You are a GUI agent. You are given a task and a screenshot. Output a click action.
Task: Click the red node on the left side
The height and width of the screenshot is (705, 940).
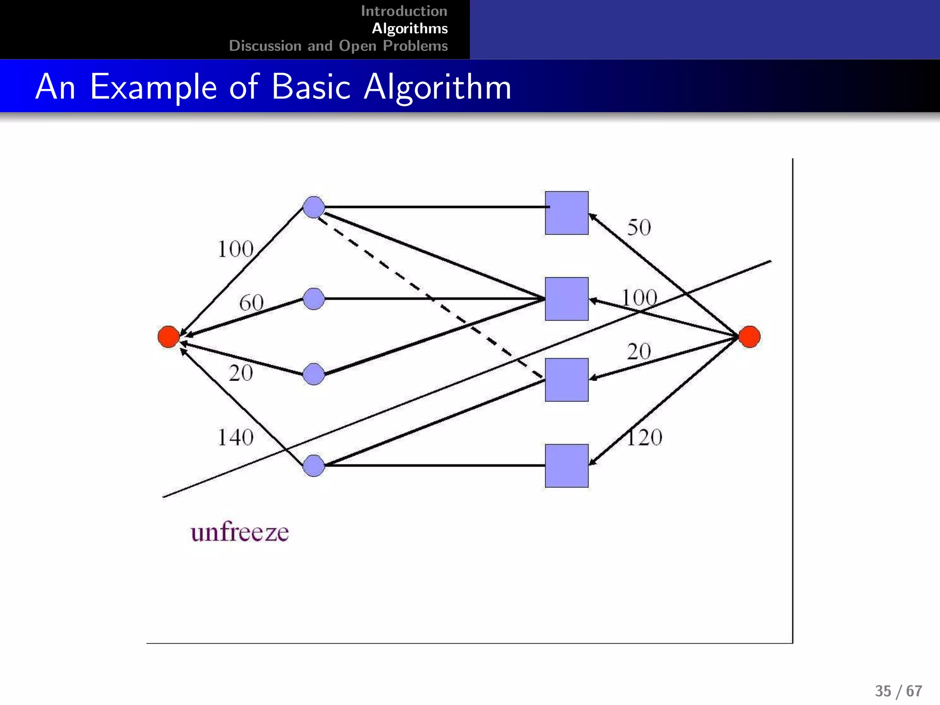[x=168, y=336]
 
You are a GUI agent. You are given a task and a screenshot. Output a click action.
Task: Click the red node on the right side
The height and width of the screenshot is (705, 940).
[x=749, y=336]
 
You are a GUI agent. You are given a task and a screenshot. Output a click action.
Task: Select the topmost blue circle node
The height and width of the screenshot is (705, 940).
[x=314, y=207]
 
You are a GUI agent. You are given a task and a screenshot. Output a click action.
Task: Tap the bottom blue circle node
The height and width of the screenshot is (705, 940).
[x=314, y=465]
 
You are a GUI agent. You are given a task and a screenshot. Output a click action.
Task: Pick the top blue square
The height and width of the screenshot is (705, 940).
[x=566, y=213]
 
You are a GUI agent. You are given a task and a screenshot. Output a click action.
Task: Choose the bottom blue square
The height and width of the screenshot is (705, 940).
[x=566, y=465]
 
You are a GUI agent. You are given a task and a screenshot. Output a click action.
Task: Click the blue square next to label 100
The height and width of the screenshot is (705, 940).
[x=566, y=299]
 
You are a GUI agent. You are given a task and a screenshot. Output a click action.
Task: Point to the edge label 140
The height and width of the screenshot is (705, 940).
[x=235, y=437]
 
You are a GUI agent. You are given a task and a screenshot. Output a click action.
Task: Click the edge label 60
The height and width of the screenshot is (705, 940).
[x=251, y=303]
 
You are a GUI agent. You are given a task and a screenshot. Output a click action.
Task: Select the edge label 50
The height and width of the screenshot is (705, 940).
[x=639, y=227]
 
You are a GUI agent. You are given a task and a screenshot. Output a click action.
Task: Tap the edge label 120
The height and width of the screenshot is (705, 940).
[x=644, y=437]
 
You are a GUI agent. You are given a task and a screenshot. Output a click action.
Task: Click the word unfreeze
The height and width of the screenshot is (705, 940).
[x=240, y=532]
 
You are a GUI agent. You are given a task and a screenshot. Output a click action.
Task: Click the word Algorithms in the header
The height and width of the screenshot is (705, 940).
[x=409, y=28]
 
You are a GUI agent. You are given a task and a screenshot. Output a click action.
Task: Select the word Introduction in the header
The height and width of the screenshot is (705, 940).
[x=404, y=11]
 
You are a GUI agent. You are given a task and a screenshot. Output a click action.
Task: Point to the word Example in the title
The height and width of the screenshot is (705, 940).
[x=153, y=87]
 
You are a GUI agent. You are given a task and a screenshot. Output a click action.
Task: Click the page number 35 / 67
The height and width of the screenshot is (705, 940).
[x=898, y=691]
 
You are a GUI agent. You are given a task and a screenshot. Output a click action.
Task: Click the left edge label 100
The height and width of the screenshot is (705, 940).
[x=235, y=249]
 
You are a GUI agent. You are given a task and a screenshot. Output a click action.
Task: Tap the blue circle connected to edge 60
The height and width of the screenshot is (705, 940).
[x=314, y=299]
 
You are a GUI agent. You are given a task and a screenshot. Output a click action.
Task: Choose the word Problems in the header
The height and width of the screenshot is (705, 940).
[x=415, y=46]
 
